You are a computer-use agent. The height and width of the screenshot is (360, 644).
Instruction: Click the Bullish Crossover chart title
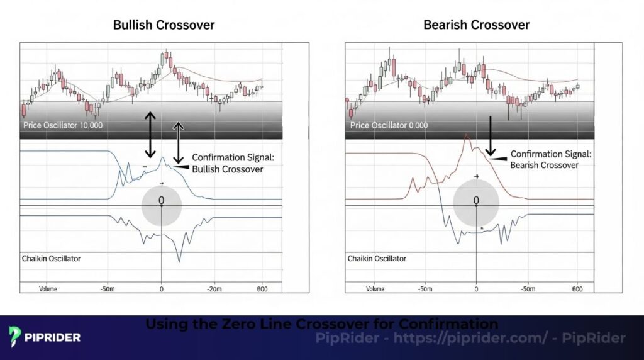(164, 26)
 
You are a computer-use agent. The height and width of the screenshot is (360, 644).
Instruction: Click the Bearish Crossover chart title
(476, 26)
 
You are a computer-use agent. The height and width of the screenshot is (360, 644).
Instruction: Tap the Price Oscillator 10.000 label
(63, 125)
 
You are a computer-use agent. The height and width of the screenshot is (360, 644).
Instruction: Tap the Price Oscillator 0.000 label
(389, 125)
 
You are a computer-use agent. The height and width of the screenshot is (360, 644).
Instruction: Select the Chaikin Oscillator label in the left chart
(52, 258)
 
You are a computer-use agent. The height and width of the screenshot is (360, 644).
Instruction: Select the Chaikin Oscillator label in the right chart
(377, 258)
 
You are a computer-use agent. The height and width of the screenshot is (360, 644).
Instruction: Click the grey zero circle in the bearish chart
(476, 202)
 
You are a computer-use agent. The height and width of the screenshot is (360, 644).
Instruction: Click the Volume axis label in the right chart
(374, 289)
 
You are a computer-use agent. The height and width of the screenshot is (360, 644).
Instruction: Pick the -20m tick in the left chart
(214, 289)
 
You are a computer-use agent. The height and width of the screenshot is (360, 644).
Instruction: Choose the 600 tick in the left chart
(262, 289)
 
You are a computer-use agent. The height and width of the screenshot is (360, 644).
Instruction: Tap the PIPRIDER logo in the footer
(45, 337)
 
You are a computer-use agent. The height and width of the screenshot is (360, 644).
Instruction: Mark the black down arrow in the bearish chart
(491, 135)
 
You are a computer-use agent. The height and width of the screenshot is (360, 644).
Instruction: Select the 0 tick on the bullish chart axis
(162, 289)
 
